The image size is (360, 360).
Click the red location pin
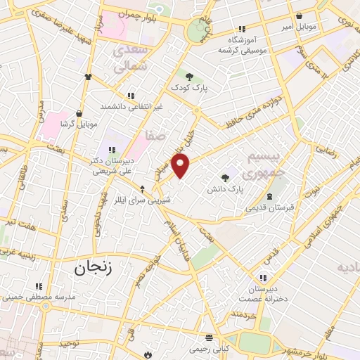pos(181,167)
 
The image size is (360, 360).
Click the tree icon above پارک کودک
pos(188,76)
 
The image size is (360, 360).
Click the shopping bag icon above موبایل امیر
pos(300,15)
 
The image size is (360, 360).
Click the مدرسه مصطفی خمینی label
pos(53,297)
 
